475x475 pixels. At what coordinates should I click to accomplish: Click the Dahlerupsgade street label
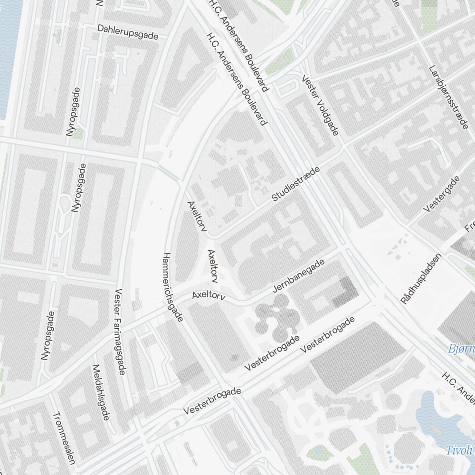pos(127,32)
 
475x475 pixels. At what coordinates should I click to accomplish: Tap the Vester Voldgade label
pos(320,105)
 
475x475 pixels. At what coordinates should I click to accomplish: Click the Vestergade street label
pos(442,194)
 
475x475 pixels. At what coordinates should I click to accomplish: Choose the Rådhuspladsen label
pos(421,278)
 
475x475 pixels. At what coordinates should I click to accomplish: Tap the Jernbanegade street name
pos(299,276)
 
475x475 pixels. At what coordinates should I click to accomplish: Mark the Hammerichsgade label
pos(172,287)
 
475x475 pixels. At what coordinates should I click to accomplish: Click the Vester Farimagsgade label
pos(120,331)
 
